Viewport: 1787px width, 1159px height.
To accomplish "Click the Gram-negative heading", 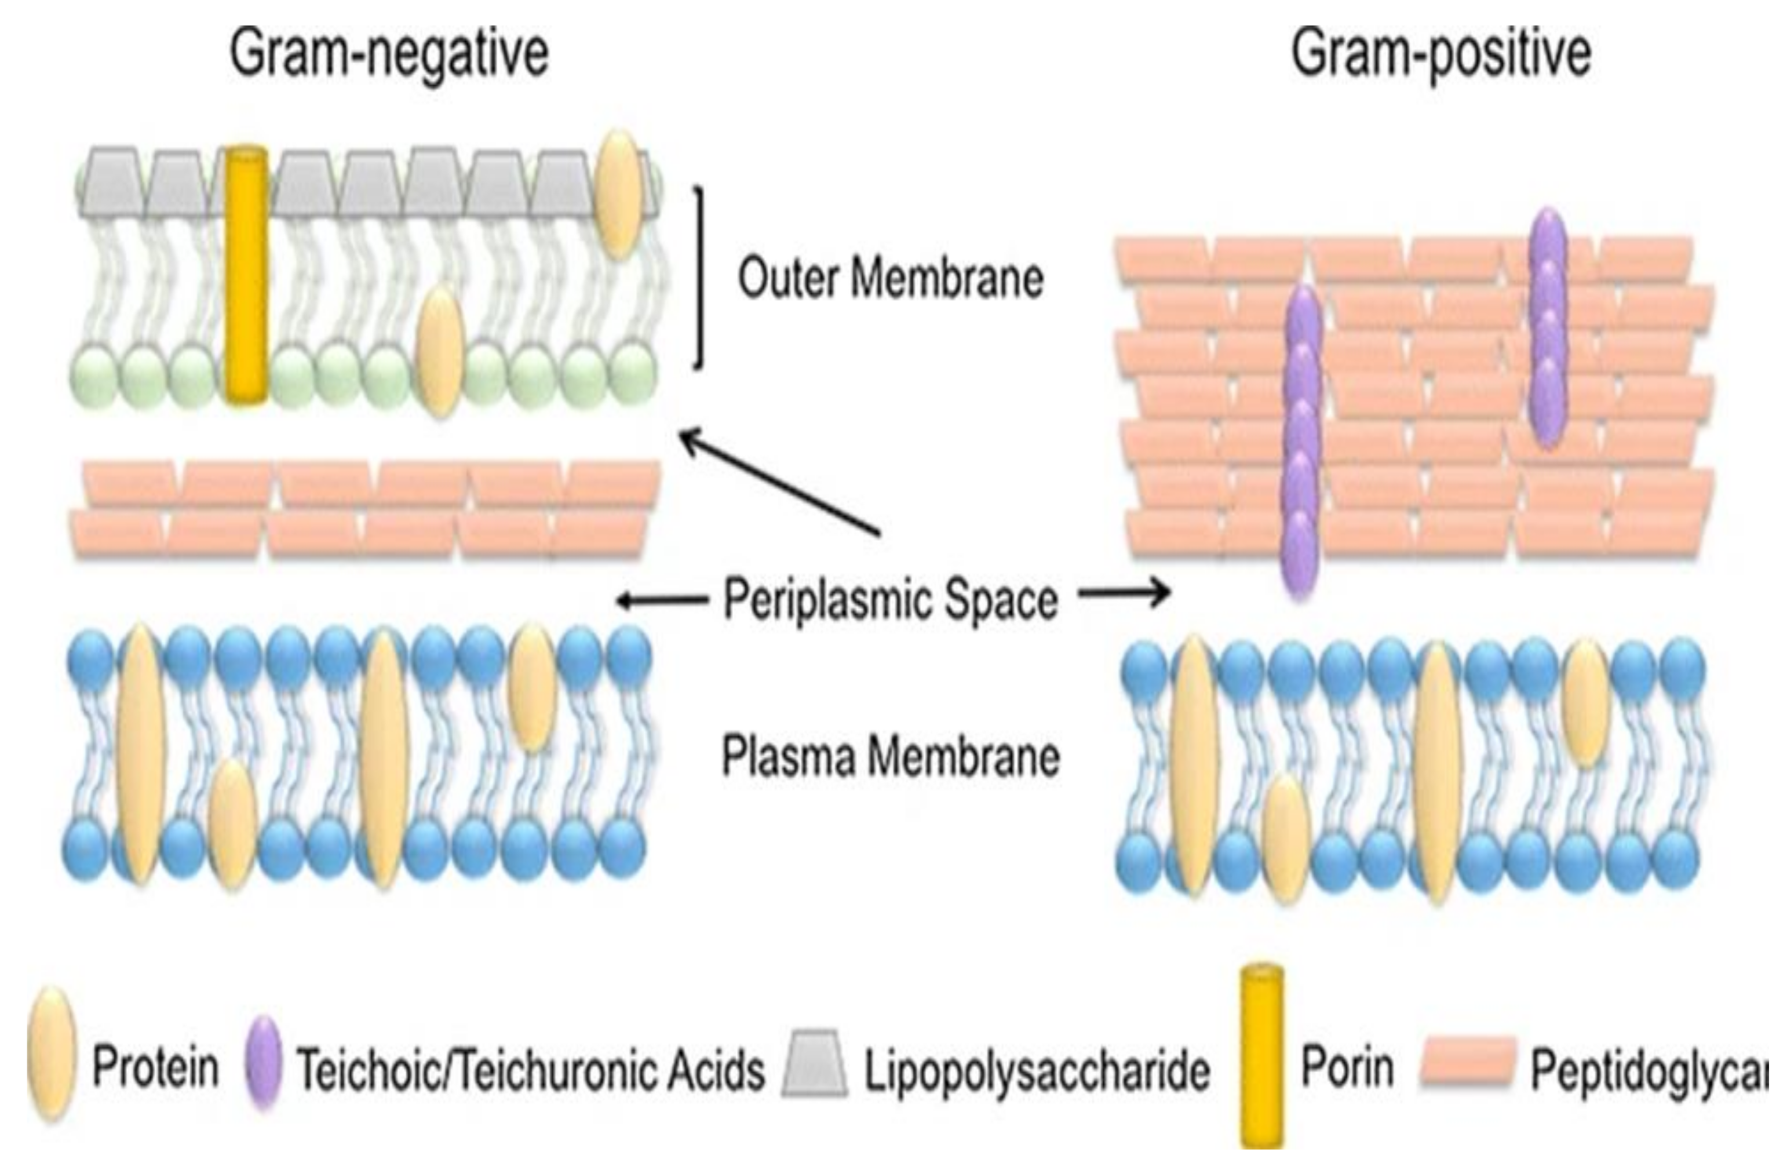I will tap(389, 54).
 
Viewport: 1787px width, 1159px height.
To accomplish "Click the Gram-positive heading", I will tap(1440, 54).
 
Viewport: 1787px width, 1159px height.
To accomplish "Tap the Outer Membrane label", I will tap(891, 278).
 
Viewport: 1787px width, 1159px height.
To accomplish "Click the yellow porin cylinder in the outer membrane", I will tap(246, 276).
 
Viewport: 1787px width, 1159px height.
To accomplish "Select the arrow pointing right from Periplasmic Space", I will tap(1124, 594).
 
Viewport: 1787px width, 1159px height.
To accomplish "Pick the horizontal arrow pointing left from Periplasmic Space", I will tap(661, 599).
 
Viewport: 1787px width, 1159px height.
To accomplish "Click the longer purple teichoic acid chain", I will tap(1301, 443).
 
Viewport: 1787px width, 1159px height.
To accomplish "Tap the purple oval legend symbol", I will tap(263, 1062).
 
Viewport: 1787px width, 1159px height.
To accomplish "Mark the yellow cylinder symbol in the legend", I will tap(1262, 1059).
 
